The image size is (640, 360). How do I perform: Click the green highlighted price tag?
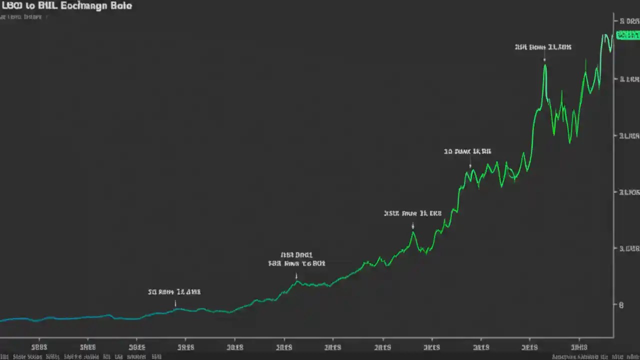pos(627,35)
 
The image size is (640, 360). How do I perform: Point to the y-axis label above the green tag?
pos(629,21)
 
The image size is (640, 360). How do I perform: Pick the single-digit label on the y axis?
pos(621,304)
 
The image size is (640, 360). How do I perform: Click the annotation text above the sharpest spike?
pos(542,47)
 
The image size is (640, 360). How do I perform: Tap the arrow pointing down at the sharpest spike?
pos(544,58)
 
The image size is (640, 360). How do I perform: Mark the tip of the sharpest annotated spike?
pos(545,65)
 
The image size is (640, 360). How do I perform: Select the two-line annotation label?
pos(296,258)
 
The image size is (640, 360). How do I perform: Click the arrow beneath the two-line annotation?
pos(296,275)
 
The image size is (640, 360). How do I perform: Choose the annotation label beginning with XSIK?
pos(412,213)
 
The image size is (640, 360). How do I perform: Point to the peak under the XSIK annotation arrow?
pos(413,232)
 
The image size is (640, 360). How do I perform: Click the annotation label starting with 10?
pos(467,151)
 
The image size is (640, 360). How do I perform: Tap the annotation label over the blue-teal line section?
pos(174,291)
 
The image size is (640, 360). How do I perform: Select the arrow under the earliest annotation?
pos(175,303)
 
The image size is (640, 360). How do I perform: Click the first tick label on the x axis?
pos(39,346)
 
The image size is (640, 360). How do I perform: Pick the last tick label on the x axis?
pos(579,346)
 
